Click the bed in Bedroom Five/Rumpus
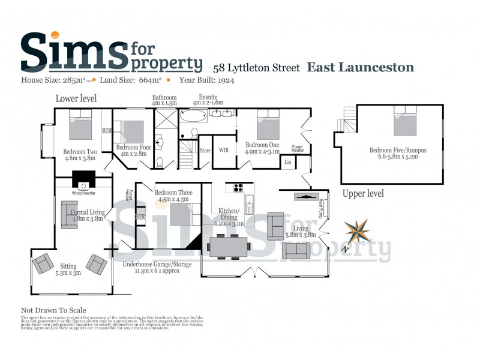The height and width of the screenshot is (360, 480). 405,122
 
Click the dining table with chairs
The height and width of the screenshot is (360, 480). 228,245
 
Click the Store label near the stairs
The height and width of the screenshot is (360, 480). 205,151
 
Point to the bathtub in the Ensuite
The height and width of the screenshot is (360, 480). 193,116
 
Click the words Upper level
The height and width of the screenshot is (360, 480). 363,194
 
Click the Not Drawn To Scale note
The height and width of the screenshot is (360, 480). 53,310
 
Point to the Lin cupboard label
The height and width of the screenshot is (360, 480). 288,162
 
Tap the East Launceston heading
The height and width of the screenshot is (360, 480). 361,67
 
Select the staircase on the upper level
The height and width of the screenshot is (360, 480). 349,120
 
